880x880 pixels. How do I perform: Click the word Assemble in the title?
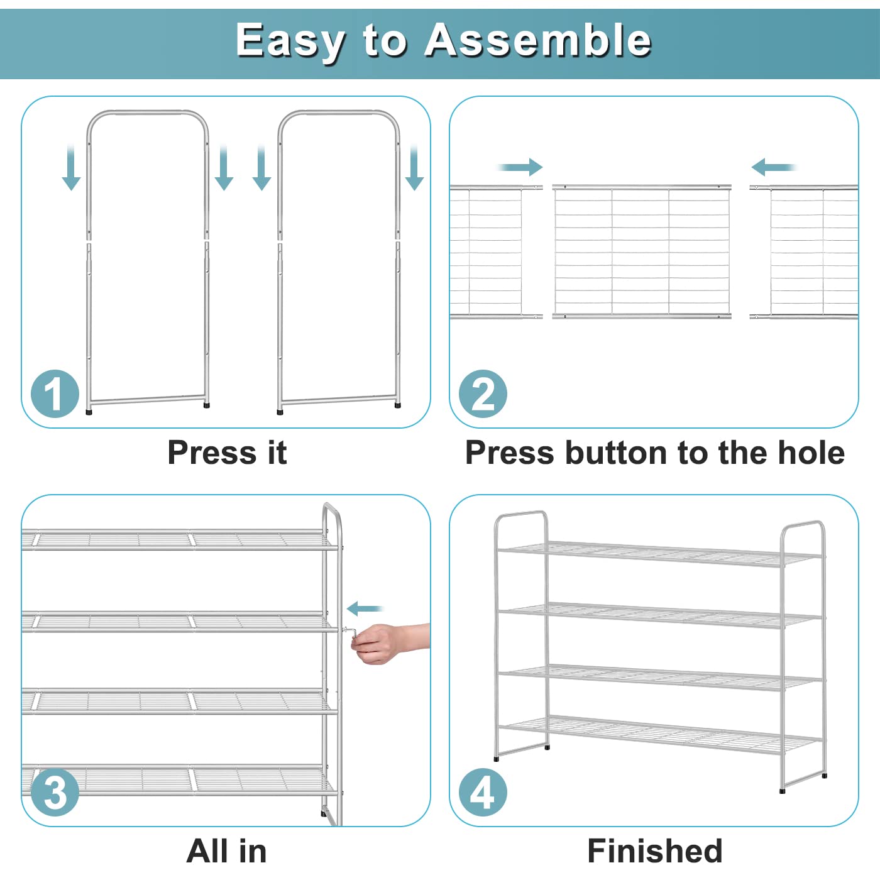click(538, 40)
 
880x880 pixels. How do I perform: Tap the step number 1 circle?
click(55, 394)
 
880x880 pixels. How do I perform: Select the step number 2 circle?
click(483, 394)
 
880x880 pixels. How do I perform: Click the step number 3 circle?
click(55, 792)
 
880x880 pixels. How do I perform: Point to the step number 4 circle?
click(483, 792)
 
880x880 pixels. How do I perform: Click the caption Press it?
click(227, 453)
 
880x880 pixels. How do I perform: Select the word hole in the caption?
click(811, 453)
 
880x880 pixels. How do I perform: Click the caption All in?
click(227, 851)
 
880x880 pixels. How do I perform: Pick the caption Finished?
click(654, 851)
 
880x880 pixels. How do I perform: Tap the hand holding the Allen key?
click(383, 642)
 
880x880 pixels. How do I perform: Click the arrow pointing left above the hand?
click(365, 608)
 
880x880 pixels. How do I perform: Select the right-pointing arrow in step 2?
click(520, 167)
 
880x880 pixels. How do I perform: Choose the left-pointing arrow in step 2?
click(773, 167)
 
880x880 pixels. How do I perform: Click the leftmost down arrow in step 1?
click(71, 168)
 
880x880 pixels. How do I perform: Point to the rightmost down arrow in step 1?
click(414, 168)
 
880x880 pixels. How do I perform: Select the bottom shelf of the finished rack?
click(660, 732)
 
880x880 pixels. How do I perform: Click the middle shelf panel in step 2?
click(641, 251)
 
